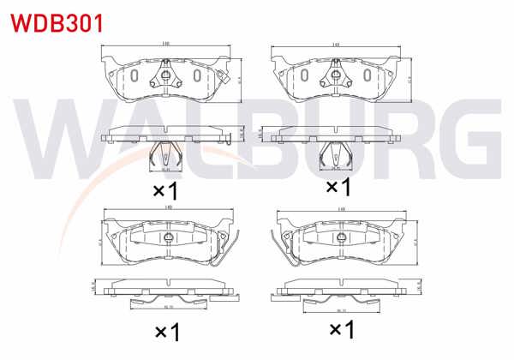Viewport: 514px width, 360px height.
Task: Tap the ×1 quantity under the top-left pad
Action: pyautogui.click(x=165, y=188)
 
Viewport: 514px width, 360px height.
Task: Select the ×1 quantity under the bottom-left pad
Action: pyautogui.click(x=165, y=329)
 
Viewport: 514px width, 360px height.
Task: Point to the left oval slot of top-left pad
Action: pyautogui.click(x=134, y=76)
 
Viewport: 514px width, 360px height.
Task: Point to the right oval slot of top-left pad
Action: pyautogui.click(x=196, y=76)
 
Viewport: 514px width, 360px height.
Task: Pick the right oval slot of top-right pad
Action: pyautogui.click(x=363, y=76)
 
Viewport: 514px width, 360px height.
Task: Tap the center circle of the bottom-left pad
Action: pyautogui.click(x=168, y=237)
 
